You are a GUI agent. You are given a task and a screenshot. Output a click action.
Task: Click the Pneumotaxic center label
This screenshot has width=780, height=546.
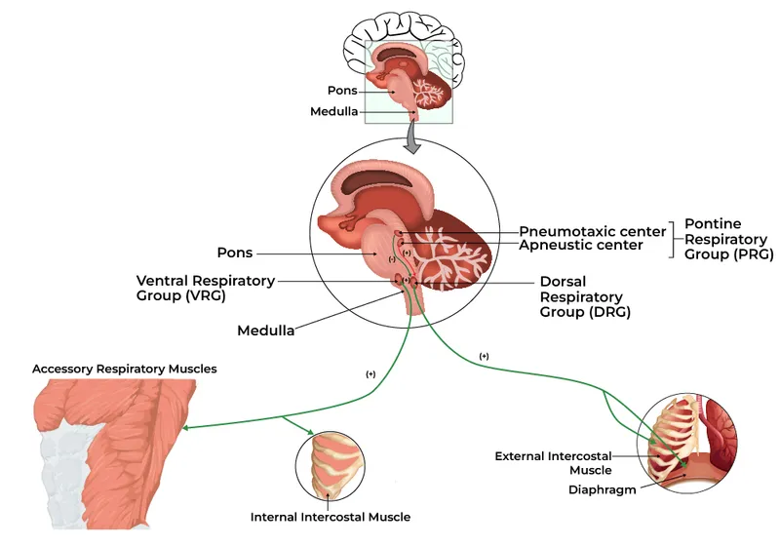click(592, 231)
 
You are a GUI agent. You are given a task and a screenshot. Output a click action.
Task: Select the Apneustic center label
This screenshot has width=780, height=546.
click(581, 246)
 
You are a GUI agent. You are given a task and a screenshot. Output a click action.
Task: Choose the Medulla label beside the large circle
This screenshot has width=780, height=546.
click(266, 331)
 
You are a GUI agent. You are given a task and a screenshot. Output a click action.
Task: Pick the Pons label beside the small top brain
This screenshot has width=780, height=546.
click(343, 91)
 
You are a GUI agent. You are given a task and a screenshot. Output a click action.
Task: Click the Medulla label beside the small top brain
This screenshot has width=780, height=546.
click(334, 111)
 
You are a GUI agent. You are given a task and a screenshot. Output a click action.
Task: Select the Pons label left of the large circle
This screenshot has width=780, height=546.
click(235, 253)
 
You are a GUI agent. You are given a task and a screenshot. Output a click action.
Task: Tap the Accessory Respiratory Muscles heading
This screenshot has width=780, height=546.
click(124, 370)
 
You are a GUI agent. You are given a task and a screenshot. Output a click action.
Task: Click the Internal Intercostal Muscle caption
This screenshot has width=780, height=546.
click(331, 517)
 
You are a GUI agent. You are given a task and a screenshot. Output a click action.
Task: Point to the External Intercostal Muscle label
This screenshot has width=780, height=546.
click(553, 463)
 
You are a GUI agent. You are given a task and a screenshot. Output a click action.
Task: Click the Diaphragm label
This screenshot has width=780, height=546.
click(603, 489)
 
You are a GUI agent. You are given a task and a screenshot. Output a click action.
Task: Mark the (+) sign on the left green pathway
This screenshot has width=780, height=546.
click(370, 374)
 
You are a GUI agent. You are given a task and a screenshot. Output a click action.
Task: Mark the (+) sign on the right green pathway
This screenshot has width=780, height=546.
click(485, 358)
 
